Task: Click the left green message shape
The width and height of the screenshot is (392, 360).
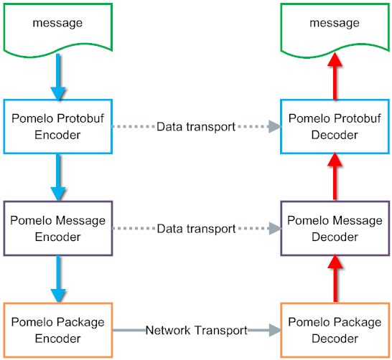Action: click(x=58, y=27)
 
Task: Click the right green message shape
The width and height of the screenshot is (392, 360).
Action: click(x=335, y=27)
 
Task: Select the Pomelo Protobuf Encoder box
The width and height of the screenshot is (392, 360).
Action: click(x=58, y=126)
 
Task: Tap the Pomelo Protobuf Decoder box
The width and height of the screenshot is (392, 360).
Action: click(x=335, y=126)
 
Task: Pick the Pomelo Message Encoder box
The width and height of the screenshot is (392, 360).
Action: click(x=58, y=228)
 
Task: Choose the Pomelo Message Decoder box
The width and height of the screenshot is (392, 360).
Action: click(x=335, y=228)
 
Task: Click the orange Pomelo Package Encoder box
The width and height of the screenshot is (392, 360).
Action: click(x=58, y=330)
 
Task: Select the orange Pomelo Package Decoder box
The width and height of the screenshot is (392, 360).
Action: click(x=335, y=330)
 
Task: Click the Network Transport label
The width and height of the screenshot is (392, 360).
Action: click(x=196, y=331)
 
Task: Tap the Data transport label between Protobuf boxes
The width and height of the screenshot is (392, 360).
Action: click(x=196, y=127)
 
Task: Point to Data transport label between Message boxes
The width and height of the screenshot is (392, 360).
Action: click(x=196, y=229)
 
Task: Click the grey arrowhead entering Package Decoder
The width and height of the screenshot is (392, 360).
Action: click(x=273, y=331)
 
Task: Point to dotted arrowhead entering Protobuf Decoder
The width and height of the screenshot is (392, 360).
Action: click(x=273, y=127)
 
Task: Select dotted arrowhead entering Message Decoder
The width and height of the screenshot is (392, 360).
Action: click(x=273, y=229)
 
